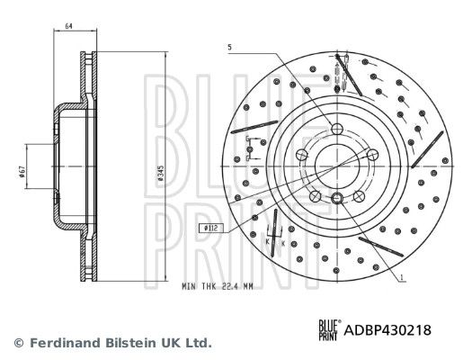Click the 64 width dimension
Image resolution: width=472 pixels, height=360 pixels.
point(68,27)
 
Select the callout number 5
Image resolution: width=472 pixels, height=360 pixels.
point(229,47)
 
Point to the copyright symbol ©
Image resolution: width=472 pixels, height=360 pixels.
point(18,343)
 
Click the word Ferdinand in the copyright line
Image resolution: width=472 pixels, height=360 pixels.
point(59,343)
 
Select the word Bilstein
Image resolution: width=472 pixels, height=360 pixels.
point(122,343)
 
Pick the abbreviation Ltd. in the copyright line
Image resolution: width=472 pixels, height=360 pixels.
point(197,343)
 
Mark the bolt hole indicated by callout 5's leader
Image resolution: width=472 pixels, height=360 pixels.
point(336,128)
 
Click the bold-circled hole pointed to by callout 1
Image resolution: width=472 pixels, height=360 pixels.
point(336,199)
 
